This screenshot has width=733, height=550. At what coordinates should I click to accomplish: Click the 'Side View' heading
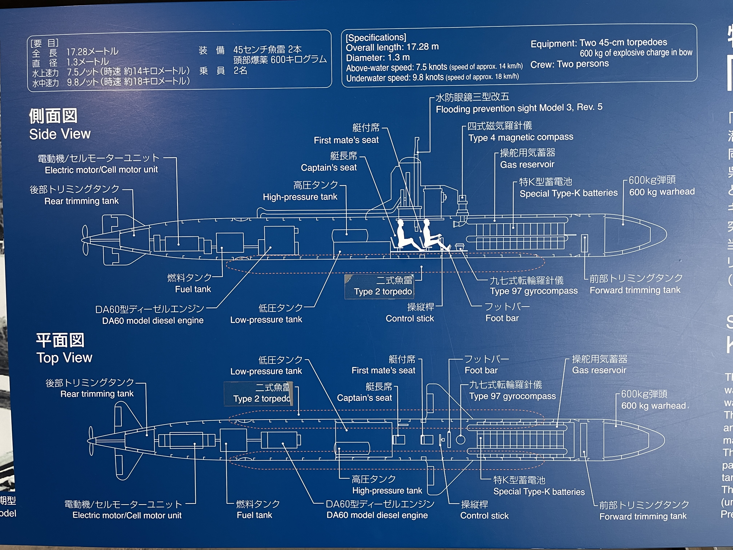[x=60, y=134]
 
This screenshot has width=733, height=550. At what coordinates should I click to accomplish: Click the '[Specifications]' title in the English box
[x=376, y=37]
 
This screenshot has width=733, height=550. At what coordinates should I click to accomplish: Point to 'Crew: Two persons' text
[x=569, y=64]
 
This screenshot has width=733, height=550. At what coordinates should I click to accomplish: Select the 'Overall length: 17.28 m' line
[x=392, y=47]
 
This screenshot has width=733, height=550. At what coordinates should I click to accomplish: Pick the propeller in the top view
[x=91, y=441]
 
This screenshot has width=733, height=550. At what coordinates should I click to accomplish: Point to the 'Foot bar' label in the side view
[x=502, y=318]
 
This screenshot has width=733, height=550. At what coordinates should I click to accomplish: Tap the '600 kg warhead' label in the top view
[x=653, y=406]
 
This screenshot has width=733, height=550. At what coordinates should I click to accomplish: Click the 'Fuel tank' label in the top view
[x=254, y=515]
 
